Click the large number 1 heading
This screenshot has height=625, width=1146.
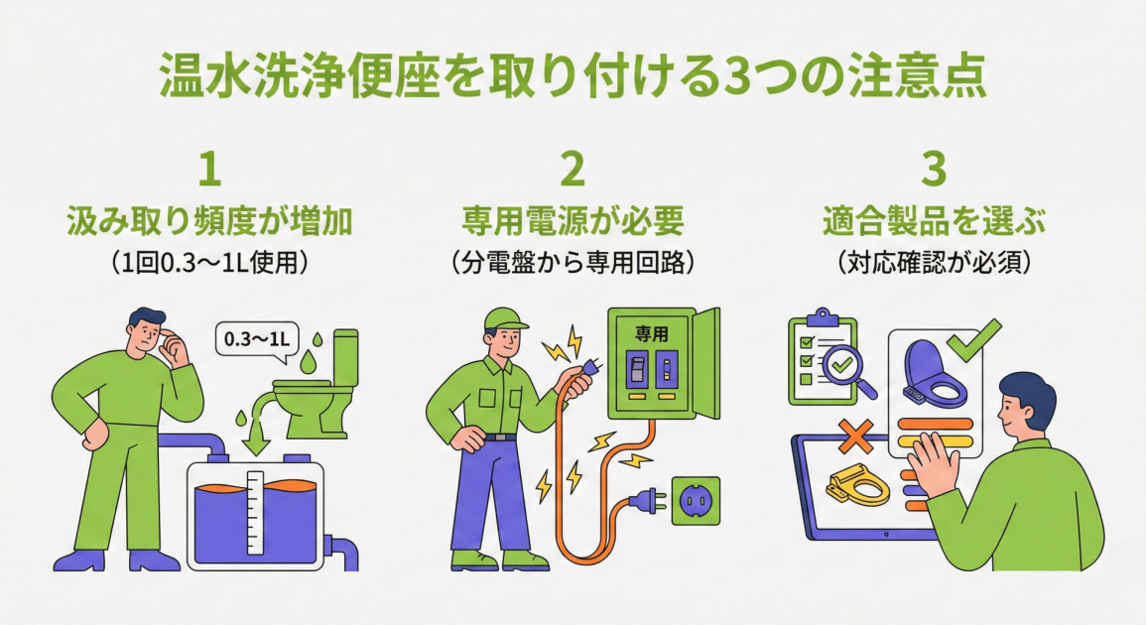point(209,171)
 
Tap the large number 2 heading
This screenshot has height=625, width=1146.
point(573,171)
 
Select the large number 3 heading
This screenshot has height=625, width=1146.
point(934,171)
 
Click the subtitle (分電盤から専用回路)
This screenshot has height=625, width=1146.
point(573,262)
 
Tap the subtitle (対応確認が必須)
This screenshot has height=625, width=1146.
point(934,262)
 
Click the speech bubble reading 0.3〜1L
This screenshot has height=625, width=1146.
point(255,339)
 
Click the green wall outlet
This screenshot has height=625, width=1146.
point(696,501)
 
